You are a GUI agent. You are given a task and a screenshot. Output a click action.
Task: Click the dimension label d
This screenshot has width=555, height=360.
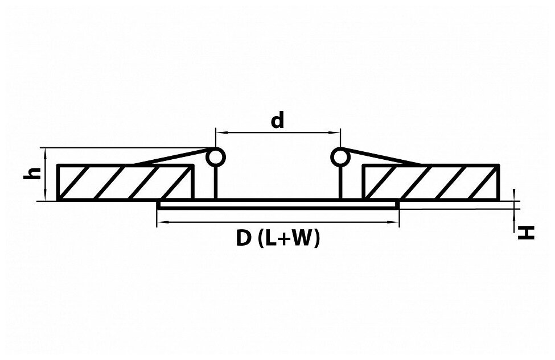[277, 121]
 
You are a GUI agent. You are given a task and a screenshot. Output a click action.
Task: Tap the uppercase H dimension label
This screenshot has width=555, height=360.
[527, 232]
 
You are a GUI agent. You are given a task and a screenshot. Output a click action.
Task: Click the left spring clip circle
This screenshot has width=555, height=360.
[215, 157]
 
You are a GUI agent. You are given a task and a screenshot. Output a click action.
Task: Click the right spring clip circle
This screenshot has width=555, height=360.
[340, 157]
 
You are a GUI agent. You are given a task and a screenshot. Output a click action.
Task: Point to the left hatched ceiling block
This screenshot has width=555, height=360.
[125, 182]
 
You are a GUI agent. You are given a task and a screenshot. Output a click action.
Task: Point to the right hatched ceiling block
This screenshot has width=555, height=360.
[431, 182]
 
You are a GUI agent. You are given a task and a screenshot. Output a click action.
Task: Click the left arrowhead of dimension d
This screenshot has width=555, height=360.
[219, 133]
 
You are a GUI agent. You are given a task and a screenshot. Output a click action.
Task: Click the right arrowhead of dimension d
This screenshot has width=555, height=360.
[336, 133]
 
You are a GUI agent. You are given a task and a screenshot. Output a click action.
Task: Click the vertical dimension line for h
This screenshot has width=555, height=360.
[44, 173]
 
